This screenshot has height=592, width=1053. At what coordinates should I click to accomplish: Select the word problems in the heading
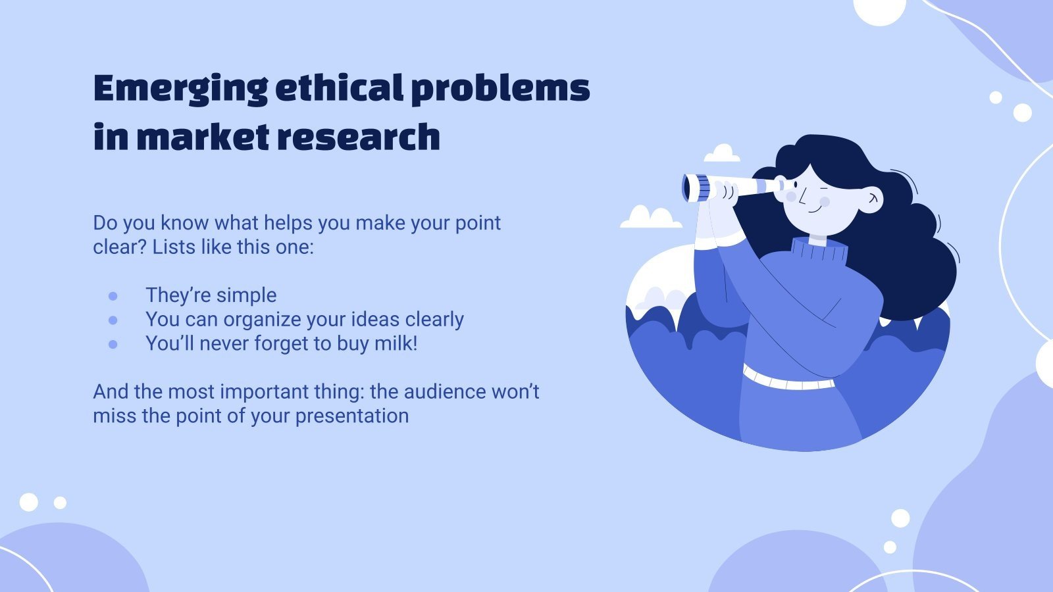(500, 87)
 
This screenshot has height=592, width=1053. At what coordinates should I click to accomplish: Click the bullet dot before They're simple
(113, 296)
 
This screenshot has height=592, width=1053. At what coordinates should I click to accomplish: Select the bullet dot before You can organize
(113, 320)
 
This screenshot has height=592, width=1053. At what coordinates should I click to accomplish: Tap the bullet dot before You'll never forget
(113, 344)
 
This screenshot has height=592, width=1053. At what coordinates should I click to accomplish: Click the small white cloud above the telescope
(722, 154)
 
